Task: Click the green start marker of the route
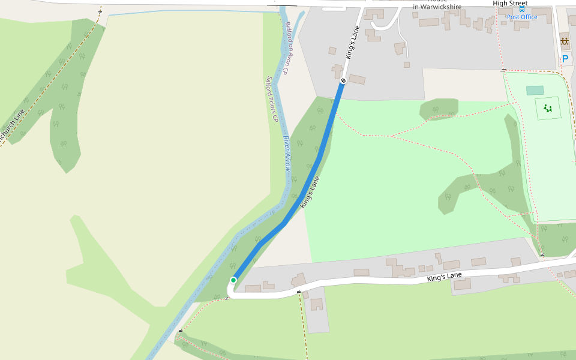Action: pyautogui.click(x=233, y=280)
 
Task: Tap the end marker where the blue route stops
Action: pyautogui.click(x=343, y=80)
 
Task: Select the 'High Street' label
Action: pyautogui.click(x=510, y=4)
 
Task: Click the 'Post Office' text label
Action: pyautogui.click(x=522, y=17)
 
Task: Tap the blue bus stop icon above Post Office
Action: pyautogui.click(x=522, y=10)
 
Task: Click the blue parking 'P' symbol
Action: pyautogui.click(x=565, y=59)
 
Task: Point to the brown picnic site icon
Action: pyautogui.click(x=565, y=42)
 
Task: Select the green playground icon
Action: pyautogui.click(x=547, y=108)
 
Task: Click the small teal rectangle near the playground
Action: pyautogui.click(x=535, y=91)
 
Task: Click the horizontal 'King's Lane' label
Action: pyautogui.click(x=445, y=277)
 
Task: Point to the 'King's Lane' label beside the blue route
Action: pyautogui.click(x=310, y=192)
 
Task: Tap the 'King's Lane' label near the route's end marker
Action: pyautogui.click(x=353, y=42)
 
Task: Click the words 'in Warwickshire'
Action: pyautogui.click(x=437, y=7)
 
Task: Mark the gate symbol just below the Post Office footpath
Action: pyautogui.click(x=505, y=70)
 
